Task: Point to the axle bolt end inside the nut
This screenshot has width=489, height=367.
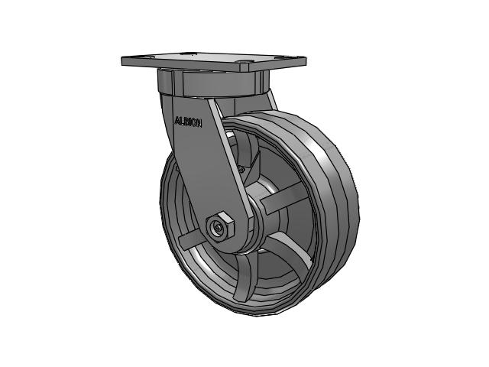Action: (x=220, y=228)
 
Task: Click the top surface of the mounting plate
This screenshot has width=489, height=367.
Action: (x=214, y=60)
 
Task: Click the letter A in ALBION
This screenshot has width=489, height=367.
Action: (x=177, y=120)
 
